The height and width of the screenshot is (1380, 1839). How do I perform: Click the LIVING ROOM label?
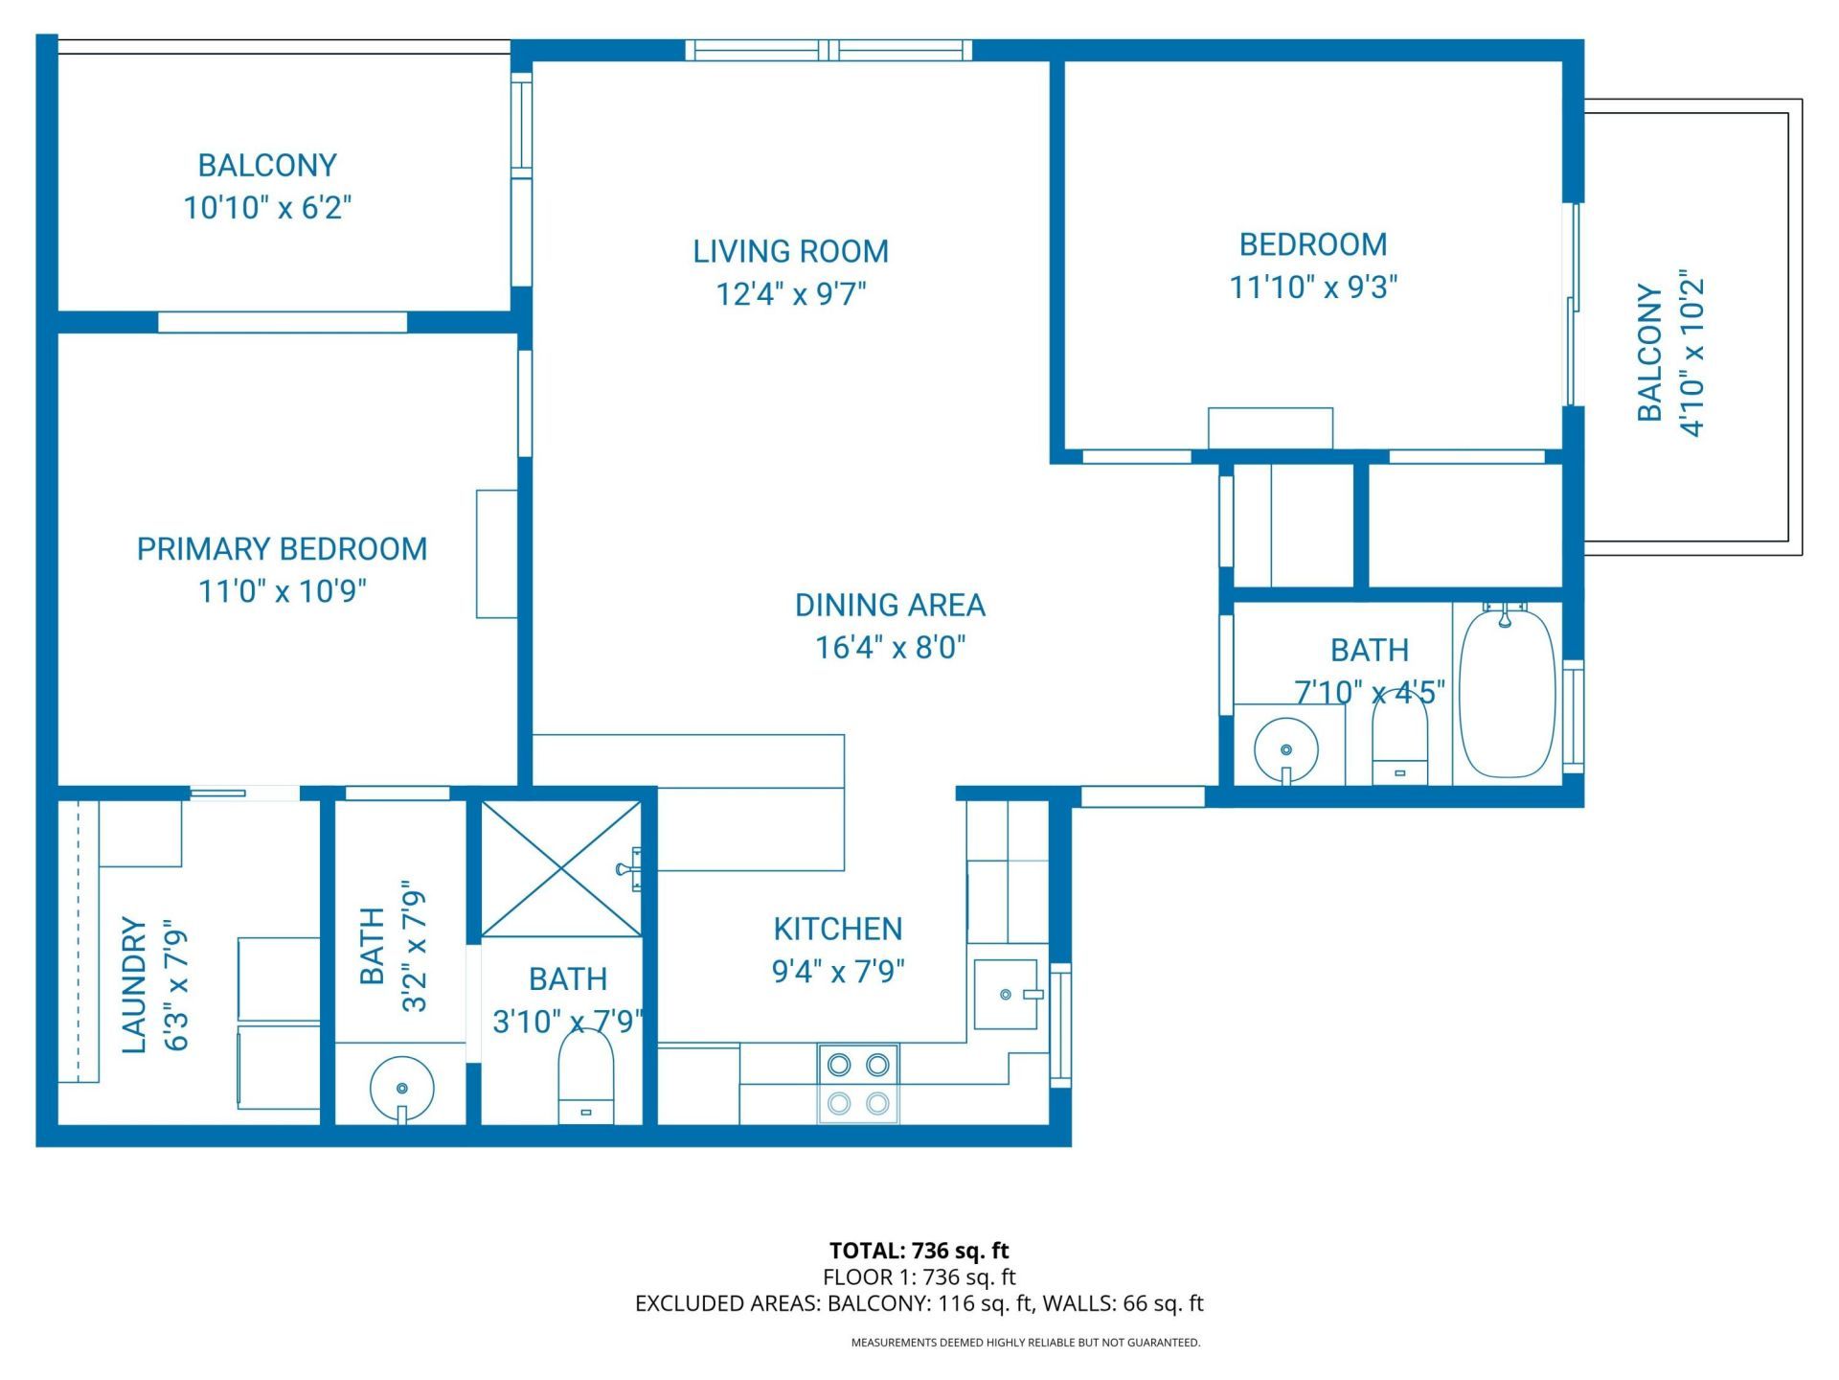point(790,251)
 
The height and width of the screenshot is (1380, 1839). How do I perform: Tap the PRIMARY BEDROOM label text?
point(282,549)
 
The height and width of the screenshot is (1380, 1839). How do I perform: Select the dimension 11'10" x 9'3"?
point(1313,287)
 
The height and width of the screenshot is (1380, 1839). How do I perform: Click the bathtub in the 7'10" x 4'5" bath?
point(1507,692)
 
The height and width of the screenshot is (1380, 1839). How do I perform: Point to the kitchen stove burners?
point(858,1084)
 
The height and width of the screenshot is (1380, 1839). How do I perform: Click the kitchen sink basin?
point(1006,995)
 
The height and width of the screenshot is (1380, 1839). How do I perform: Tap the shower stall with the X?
point(561,869)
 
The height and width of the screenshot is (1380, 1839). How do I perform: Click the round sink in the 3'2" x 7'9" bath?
point(401,1089)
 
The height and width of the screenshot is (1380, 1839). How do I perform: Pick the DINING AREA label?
point(890,606)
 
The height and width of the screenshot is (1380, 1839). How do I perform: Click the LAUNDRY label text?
point(135,985)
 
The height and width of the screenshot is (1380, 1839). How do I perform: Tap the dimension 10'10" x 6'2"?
point(267,208)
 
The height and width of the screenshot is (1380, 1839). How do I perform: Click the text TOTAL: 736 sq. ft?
point(919,1251)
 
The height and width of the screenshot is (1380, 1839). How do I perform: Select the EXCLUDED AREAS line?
point(919,1303)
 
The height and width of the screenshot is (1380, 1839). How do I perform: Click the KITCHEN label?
point(837,929)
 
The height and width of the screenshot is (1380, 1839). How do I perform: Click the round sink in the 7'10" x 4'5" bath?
point(1286,749)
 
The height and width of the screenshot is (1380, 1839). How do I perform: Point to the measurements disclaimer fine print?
point(1025,1343)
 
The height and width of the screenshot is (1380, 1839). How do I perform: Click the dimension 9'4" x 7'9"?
point(838,972)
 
